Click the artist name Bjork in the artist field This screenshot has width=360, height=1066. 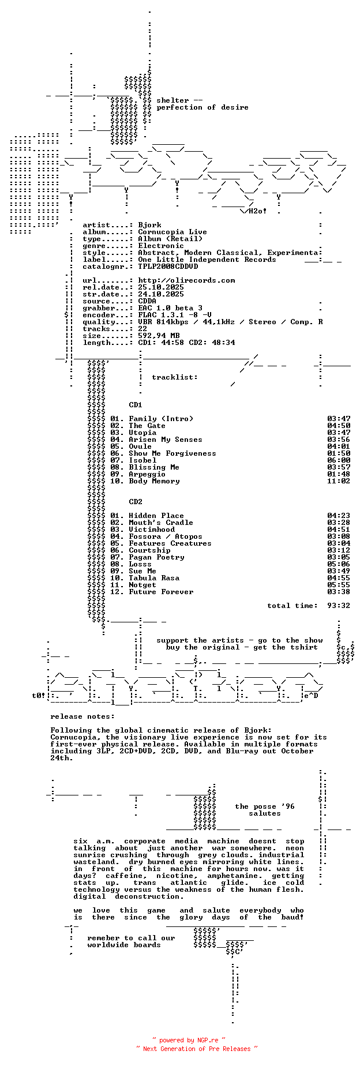[x=149, y=225]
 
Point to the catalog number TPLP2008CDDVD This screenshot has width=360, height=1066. [x=168, y=266]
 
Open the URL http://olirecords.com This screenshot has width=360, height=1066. [x=186, y=280]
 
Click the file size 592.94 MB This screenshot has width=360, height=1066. [x=159, y=336]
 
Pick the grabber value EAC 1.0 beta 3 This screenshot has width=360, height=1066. [x=170, y=308]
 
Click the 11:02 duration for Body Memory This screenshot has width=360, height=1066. [x=339, y=481]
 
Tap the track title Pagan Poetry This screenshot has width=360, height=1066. [x=156, y=557]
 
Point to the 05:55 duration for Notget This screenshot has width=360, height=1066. [x=339, y=585]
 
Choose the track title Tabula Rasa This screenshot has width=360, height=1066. [x=154, y=578]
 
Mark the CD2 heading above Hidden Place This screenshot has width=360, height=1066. [x=136, y=502]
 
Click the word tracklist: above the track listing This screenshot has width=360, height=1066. [x=175, y=377]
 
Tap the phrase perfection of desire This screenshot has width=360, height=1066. [x=202, y=107]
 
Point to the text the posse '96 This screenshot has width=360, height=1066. [x=265, y=806]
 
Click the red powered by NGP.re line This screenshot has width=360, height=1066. [x=189, y=1041]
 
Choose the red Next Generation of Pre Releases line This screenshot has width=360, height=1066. [x=197, y=1049]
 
